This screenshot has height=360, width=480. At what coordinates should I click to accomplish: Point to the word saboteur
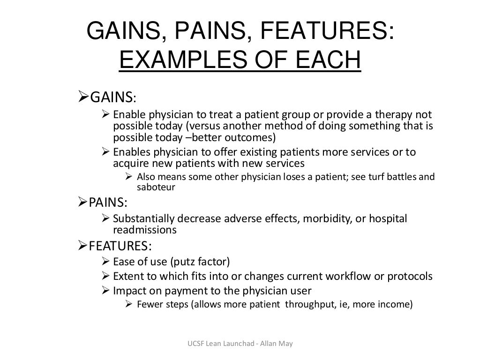[x=156, y=187]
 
